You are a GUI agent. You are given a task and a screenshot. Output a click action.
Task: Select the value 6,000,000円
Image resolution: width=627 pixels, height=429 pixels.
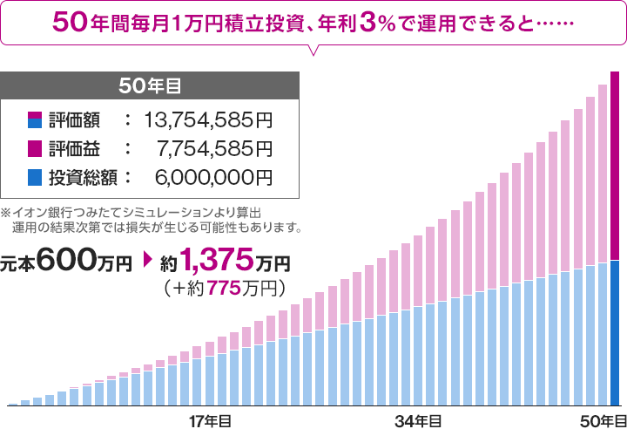(x=213, y=178)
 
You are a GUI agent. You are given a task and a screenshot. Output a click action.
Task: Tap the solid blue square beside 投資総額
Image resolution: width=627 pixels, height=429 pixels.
(x=35, y=178)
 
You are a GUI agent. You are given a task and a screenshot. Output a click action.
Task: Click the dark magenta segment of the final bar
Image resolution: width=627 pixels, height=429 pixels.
(x=615, y=166)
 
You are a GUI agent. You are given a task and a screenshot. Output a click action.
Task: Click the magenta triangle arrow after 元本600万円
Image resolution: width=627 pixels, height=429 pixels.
(x=145, y=261)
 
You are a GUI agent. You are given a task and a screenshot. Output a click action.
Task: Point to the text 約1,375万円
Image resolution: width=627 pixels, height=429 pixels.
(x=225, y=260)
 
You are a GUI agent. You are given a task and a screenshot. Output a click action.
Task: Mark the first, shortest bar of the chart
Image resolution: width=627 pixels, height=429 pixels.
(x=13, y=405)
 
